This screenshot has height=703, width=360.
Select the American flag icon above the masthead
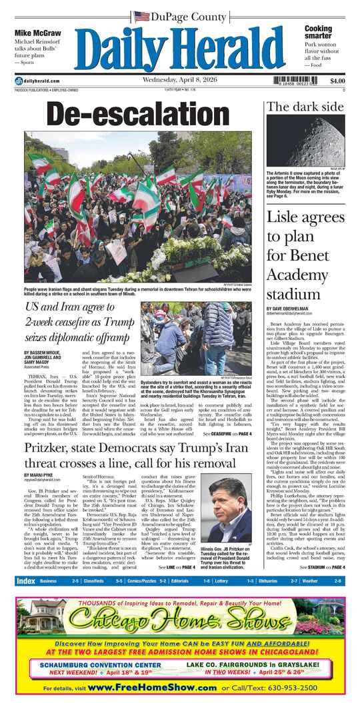coord(141,17)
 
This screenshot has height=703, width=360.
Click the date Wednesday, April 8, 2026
coord(181,81)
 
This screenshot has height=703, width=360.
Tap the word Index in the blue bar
coord(26,581)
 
